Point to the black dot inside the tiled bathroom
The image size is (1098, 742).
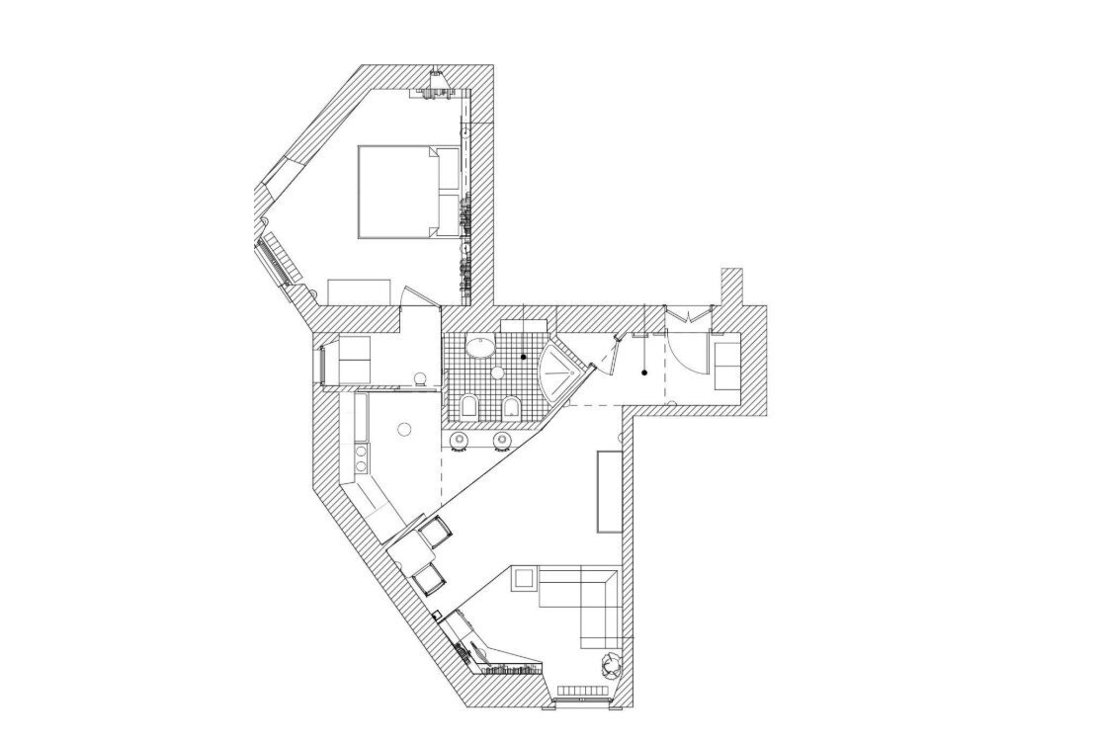click(524, 356)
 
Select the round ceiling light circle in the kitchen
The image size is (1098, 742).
click(403, 429)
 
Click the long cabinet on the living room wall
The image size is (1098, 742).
click(607, 491)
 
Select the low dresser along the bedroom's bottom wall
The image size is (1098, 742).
click(361, 290)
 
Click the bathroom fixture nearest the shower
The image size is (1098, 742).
click(511, 407)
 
